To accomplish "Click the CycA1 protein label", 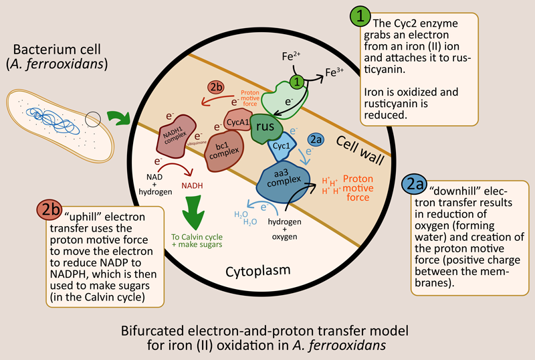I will (238, 122).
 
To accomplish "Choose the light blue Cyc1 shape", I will (282, 146).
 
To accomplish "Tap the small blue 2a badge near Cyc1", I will (318, 140).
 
